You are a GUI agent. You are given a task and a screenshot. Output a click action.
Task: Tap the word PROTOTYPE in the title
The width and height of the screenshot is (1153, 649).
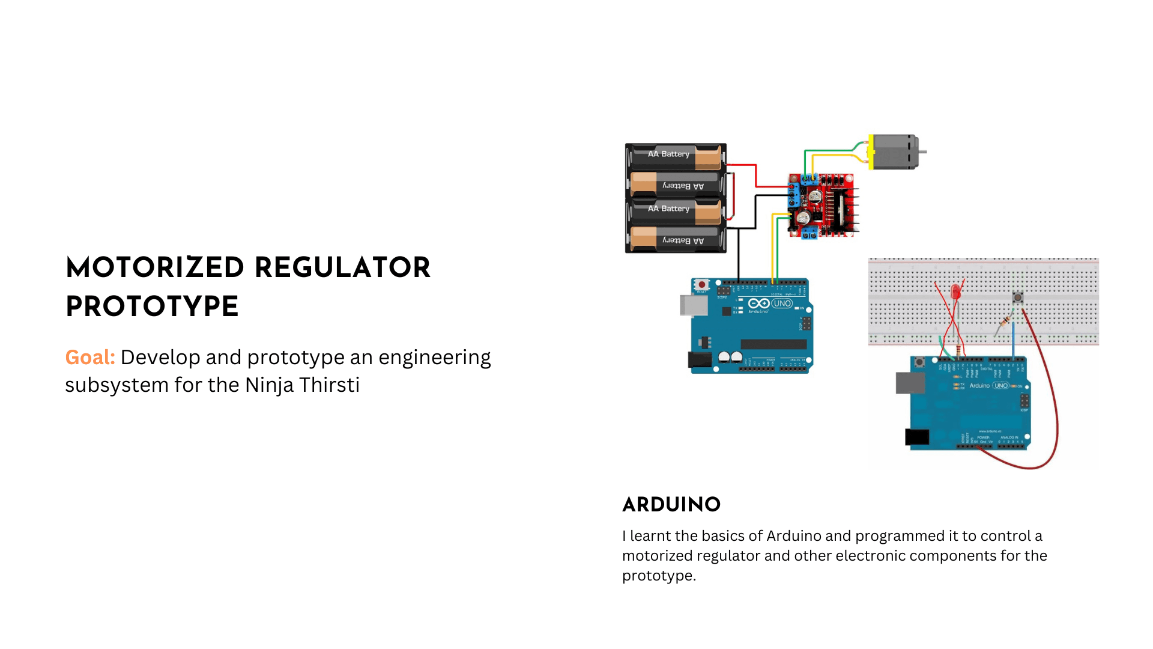[152, 307]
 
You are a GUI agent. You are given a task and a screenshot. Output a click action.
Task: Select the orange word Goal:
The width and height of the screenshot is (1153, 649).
[90, 358]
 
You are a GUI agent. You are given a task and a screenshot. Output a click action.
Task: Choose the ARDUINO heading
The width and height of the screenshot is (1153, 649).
[671, 505]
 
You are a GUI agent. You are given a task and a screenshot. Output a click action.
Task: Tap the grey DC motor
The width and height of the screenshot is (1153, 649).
[894, 151]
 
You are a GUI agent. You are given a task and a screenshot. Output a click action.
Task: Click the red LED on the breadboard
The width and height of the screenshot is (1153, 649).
[955, 293]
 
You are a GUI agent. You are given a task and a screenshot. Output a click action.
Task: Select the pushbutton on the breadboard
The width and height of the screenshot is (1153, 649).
[1018, 297]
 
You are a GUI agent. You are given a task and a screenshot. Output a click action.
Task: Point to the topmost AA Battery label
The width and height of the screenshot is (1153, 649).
[668, 154]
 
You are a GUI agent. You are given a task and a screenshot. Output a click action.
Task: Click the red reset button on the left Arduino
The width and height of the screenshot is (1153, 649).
[701, 285]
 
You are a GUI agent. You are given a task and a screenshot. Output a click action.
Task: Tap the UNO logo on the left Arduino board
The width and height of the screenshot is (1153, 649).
[781, 303]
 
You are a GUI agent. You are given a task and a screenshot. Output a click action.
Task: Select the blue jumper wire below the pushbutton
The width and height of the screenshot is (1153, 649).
[1014, 340]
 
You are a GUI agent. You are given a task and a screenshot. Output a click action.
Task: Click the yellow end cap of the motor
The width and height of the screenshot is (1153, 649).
[871, 151]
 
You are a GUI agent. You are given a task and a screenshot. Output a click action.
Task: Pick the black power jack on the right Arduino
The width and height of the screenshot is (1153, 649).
[917, 437]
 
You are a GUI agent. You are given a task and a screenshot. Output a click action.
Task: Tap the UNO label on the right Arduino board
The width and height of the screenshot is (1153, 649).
[1001, 386]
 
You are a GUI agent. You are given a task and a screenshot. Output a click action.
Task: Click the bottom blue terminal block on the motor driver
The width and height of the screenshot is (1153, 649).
[809, 233]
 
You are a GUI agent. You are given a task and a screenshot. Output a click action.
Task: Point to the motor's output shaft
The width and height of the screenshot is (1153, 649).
[922, 151]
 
